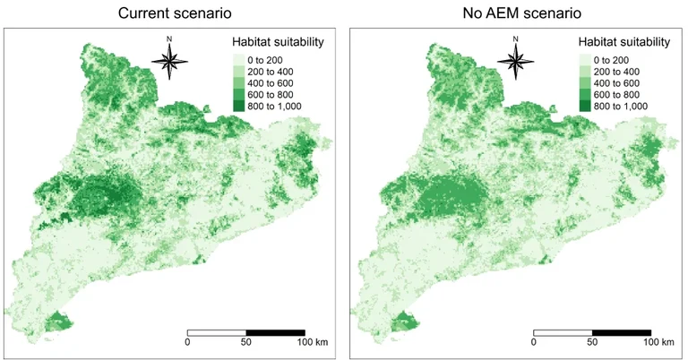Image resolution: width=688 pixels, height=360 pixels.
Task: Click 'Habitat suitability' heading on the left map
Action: [x=278, y=42]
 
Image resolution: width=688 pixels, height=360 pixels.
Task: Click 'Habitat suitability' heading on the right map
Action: [x=623, y=42]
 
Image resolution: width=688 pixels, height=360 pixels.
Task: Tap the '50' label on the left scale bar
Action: [x=245, y=342]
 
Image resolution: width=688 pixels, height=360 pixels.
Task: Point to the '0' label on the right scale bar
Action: [x=533, y=342]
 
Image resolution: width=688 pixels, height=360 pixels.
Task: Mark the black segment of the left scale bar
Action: [x=275, y=332]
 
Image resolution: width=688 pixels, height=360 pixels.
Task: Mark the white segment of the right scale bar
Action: [x=563, y=332]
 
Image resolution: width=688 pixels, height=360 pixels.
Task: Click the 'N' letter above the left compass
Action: [x=169, y=38]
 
